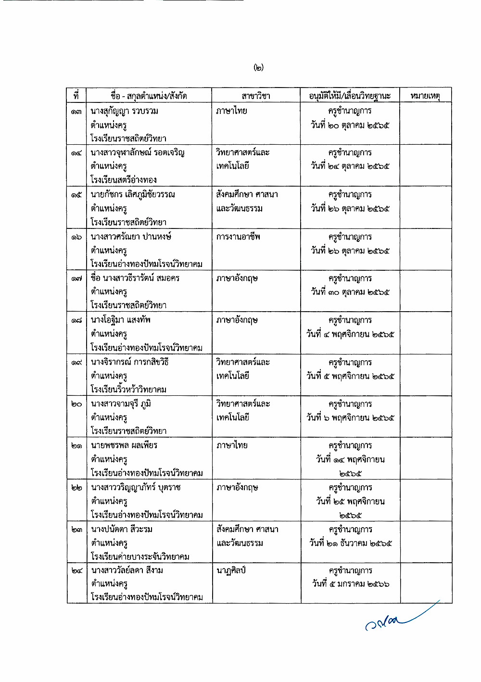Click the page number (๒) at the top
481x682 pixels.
[x=259, y=67]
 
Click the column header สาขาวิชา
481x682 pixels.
[x=256, y=96]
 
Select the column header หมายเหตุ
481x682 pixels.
[x=425, y=96]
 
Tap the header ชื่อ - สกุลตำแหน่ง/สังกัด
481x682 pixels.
[x=149, y=96]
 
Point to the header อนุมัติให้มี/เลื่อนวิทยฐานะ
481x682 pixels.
[x=350, y=96]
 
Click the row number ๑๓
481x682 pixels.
[x=76, y=112]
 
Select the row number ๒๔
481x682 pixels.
[x=76, y=571]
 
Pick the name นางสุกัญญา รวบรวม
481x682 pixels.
[x=125, y=111]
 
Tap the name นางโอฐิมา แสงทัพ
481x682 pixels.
[x=121, y=320]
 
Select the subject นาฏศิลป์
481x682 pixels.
[x=231, y=570]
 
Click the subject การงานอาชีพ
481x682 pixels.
[x=239, y=237]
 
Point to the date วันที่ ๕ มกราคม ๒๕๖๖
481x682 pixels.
[x=351, y=584]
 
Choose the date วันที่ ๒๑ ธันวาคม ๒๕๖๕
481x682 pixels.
[x=351, y=543]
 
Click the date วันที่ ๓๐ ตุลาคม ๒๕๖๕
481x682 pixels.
[x=350, y=292]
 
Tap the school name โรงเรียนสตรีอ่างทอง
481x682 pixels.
[x=124, y=180]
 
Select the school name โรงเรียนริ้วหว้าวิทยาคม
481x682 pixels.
[x=128, y=389]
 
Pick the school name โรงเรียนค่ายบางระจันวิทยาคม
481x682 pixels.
[x=140, y=556]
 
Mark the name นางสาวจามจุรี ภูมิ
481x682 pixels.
[x=121, y=404]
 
